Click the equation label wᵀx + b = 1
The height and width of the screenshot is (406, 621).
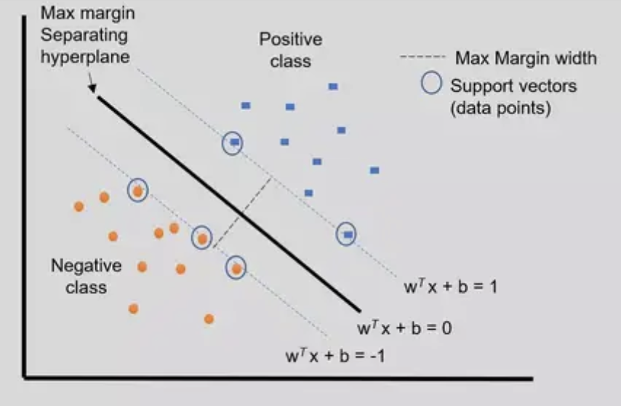coord(450,286)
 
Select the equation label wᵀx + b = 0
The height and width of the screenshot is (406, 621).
coord(404,327)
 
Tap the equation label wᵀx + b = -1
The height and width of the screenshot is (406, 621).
coord(336,357)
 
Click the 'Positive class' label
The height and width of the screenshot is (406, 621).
coord(290,49)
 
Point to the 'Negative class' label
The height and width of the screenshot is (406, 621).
coord(86,276)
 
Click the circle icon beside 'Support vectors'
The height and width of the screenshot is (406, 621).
coord(432,84)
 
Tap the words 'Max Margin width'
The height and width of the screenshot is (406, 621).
coord(526,57)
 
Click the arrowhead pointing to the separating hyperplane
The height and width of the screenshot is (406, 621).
coord(94,90)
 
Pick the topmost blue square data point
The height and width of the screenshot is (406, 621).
coord(333,86)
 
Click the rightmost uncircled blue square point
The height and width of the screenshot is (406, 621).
coord(374,170)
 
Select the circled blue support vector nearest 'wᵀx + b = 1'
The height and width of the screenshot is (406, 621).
coord(348,234)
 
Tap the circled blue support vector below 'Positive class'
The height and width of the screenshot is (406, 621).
coord(233,143)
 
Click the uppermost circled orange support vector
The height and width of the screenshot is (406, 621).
coord(137,191)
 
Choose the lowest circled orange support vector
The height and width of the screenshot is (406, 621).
coord(236,268)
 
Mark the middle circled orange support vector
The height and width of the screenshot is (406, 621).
coord(202,237)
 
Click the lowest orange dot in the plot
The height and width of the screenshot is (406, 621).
coord(209,319)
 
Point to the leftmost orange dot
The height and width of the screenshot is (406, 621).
coord(79,207)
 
